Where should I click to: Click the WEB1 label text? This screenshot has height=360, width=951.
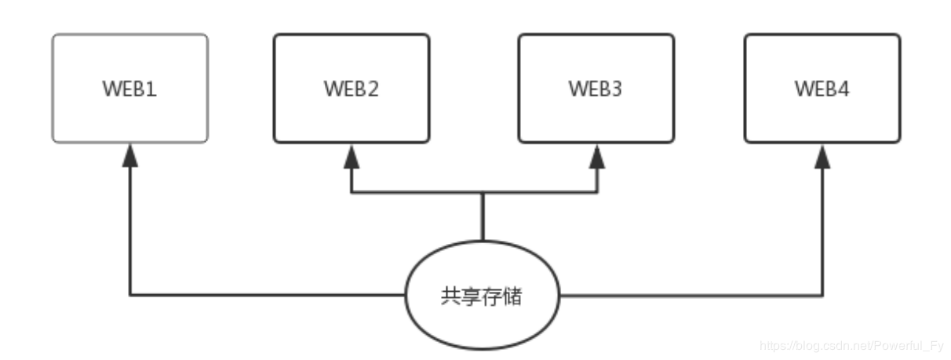coord(130,89)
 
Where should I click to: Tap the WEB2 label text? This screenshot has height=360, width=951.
coord(352,89)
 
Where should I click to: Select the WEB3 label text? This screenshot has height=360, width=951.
coord(596,89)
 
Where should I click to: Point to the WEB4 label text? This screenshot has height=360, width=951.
coord(822,89)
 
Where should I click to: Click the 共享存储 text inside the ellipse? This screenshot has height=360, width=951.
coord(481,296)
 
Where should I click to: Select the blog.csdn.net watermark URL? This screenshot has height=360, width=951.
coord(852,344)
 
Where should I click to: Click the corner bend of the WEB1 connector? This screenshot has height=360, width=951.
coord(130,296)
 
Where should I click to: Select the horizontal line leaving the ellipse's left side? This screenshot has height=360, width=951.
coord(267,296)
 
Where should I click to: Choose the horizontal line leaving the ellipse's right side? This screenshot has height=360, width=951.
coord(690,296)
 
